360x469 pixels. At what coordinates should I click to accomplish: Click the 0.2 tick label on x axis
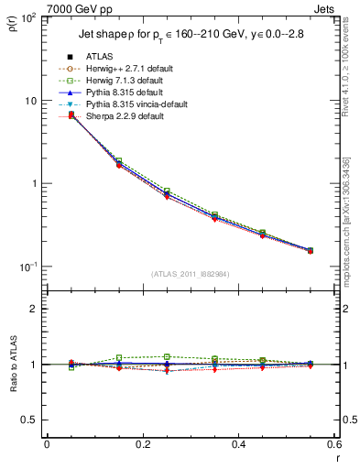point(142,444)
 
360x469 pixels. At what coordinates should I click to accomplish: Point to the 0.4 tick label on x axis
point(238,444)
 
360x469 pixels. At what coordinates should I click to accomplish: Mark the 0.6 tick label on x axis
point(333,444)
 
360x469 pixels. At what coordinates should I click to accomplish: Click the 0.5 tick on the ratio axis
point(30,420)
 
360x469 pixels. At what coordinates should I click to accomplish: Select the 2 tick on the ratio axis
point(35,309)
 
